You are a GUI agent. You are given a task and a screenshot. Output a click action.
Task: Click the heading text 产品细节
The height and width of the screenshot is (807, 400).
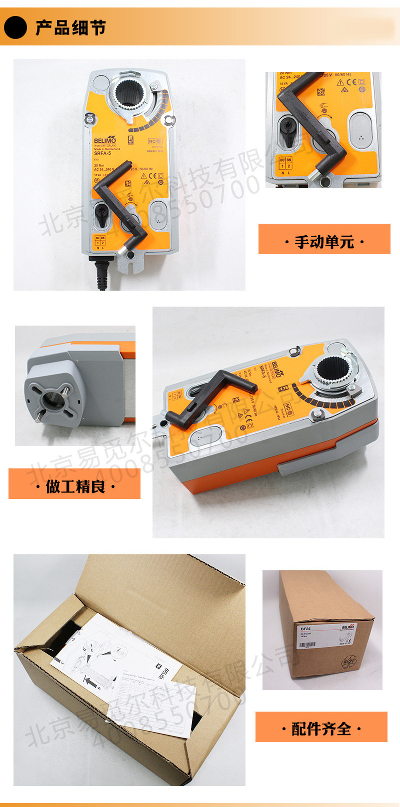[70, 27]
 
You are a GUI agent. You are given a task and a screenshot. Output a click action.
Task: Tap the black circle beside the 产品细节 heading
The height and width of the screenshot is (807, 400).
[15, 27]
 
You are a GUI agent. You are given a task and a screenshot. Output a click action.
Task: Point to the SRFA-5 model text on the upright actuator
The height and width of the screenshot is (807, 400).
[102, 153]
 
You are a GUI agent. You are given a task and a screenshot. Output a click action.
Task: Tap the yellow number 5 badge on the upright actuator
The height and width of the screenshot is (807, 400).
[131, 140]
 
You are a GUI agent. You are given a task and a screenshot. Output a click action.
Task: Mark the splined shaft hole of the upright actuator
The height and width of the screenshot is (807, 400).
[131, 93]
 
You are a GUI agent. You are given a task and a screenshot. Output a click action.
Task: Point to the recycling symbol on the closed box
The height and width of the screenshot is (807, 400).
[348, 662]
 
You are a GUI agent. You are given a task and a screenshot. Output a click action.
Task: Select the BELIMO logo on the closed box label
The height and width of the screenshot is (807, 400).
[348, 627]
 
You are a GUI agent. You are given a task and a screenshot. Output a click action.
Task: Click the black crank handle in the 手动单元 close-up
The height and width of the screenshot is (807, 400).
[304, 119]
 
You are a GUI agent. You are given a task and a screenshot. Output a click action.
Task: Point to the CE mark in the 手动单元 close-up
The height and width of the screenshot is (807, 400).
[351, 82]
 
